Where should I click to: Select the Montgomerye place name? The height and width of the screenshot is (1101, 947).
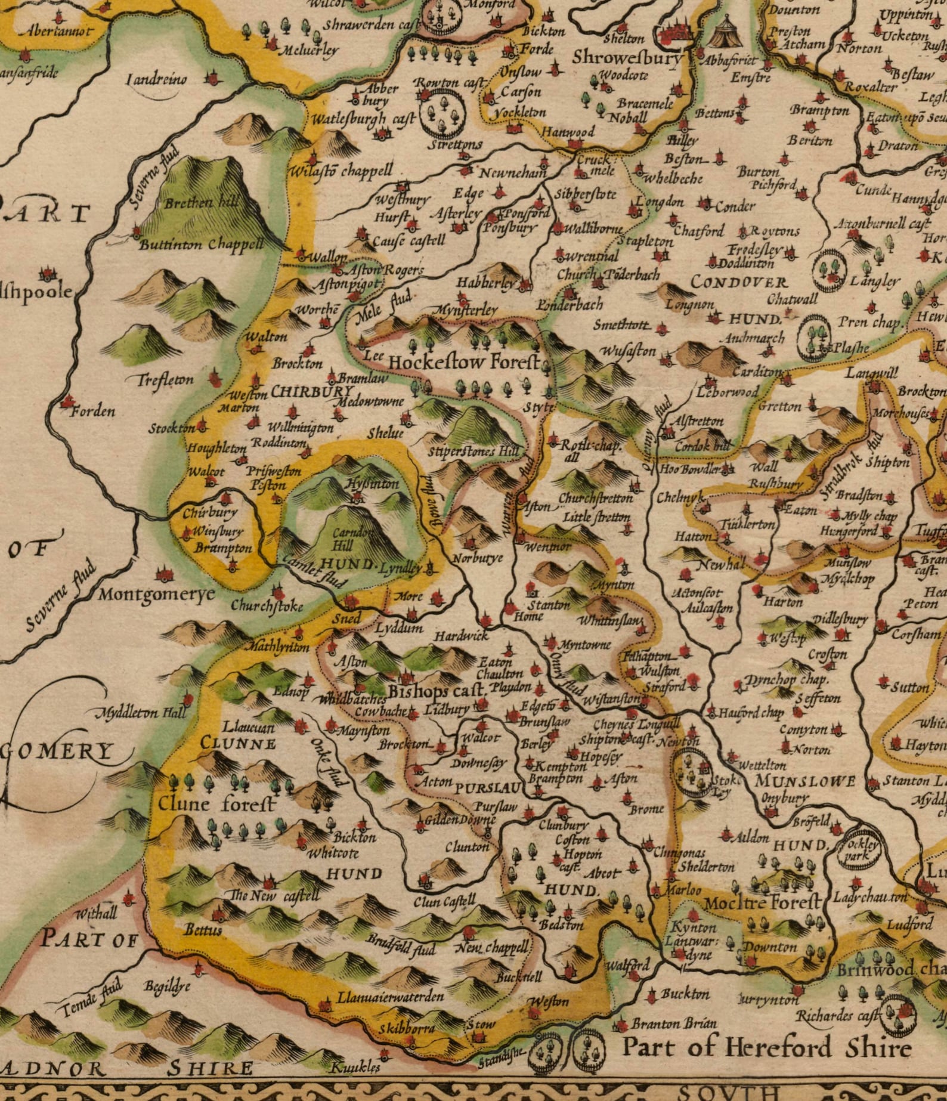[x=156, y=594]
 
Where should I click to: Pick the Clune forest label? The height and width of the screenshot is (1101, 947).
[x=217, y=805]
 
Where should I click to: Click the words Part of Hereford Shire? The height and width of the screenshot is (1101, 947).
[x=766, y=1047]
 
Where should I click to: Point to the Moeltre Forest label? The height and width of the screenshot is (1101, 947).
[x=762, y=903]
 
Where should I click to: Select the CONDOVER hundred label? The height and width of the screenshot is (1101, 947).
[x=739, y=282]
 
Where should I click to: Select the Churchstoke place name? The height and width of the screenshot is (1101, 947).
[x=267, y=607]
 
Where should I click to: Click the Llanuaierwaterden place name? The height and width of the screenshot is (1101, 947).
[x=390, y=997]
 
